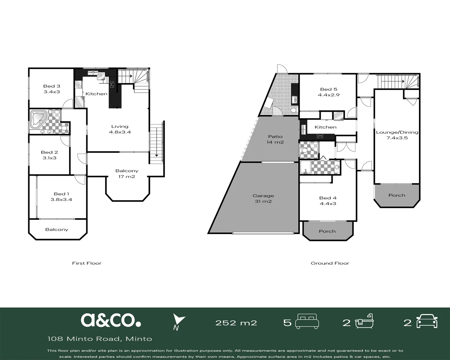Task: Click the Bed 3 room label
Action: pyautogui.click(x=52, y=86)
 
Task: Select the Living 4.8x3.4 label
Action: pyautogui.click(x=120, y=129)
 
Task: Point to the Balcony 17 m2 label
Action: pyautogui.click(x=127, y=174)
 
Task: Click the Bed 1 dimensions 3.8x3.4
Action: pyautogui.click(x=61, y=200)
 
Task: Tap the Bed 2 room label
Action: pyautogui.click(x=49, y=152)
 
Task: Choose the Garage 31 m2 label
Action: pyautogui.click(x=263, y=199)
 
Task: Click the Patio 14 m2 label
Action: pyautogui.click(x=275, y=139)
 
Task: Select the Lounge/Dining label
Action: pyautogui.click(x=397, y=132)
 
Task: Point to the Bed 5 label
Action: pyautogui.click(x=329, y=89)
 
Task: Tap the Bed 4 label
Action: pyautogui.click(x=328, y=198)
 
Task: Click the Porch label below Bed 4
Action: pyautogui.click(x=327, y=231)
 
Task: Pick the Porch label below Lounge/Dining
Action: pyautogui.click(x=397, y=195)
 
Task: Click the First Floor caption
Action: pyautogui.click(x=87, y=263)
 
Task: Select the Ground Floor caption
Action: pyautogui.click(x=330, y=263)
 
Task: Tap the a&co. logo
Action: pyautogui.click(x=111, y=320)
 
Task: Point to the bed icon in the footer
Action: pyautogui.click(x=307, y=322)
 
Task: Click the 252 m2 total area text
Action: pyautogui.click(x=236, y=323)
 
